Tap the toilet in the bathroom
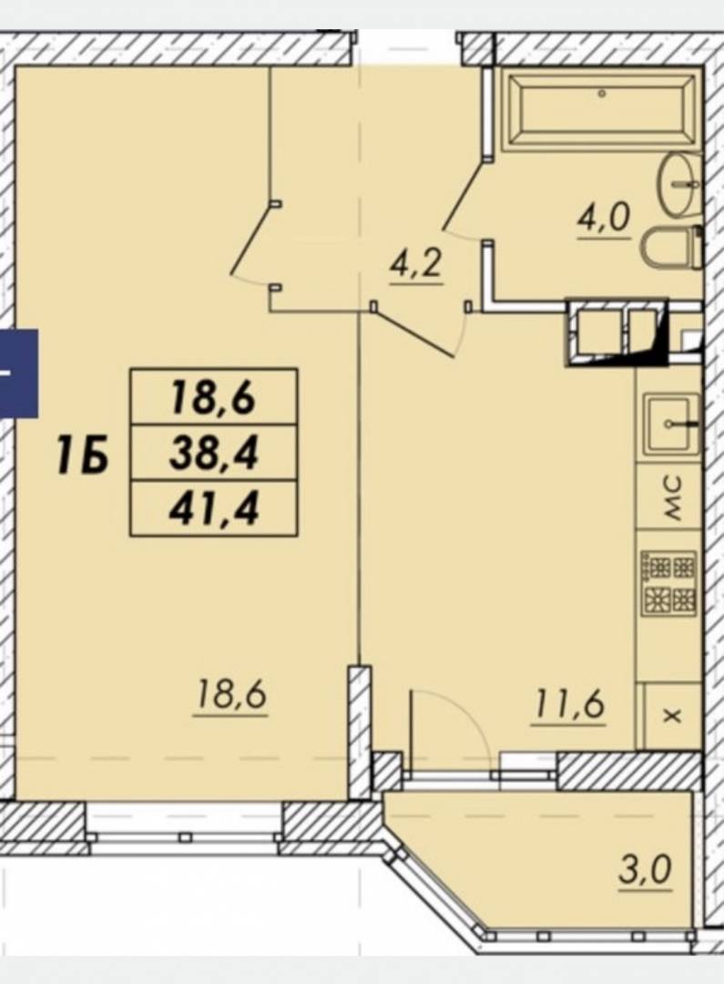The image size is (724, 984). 672,248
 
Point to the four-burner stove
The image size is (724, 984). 668,583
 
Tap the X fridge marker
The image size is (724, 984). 673,714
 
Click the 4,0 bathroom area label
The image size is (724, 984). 603,220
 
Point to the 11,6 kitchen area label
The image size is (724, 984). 569,704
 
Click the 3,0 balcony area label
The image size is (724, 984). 645,870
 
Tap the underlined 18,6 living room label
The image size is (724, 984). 231,696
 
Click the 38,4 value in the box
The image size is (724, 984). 213,453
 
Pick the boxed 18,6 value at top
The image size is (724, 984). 213,397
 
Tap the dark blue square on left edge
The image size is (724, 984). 19,374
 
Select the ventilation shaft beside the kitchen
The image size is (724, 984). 617,333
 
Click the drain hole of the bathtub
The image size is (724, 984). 602,94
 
